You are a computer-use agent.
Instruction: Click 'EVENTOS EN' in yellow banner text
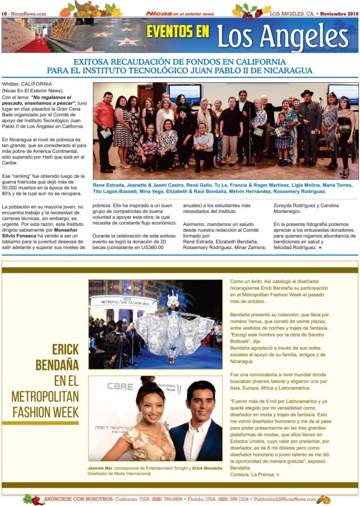tap(177, 32)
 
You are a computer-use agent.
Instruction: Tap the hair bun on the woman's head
tap(146, 380)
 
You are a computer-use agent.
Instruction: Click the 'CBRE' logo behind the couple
tap(120, 386)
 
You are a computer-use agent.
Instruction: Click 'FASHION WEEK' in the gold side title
tap(46, 411)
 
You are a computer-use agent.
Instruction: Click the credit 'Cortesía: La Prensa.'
tap(252, 474)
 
